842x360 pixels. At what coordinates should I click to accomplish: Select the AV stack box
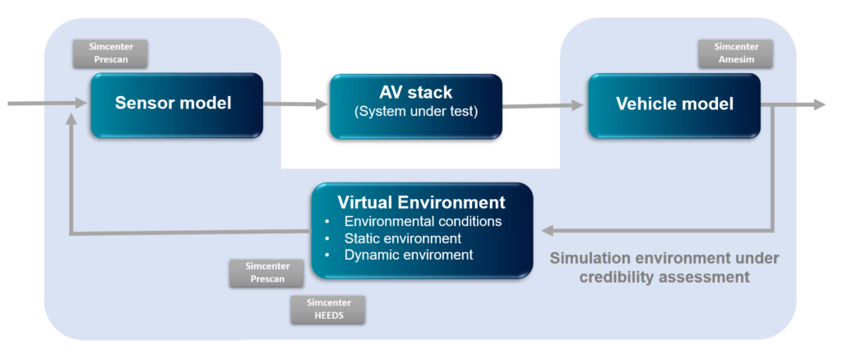(x=415, y=105)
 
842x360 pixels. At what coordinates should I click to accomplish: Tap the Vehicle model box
(x=673, y=104)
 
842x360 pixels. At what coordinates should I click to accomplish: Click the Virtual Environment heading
(x=421, y=202)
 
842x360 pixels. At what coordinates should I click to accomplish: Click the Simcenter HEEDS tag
(x=327, y=309)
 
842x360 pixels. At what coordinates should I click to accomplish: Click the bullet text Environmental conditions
(x=423, y=222)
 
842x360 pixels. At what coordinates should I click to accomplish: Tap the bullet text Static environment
(x=402, y=238)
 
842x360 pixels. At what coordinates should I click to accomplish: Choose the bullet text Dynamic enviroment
(x=408, y=255)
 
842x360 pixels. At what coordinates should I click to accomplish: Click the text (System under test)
(x=415, y=113)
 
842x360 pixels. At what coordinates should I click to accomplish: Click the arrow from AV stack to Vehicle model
(x=543, y=105)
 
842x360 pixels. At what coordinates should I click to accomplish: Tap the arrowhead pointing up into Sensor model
(x=73, y=120)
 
